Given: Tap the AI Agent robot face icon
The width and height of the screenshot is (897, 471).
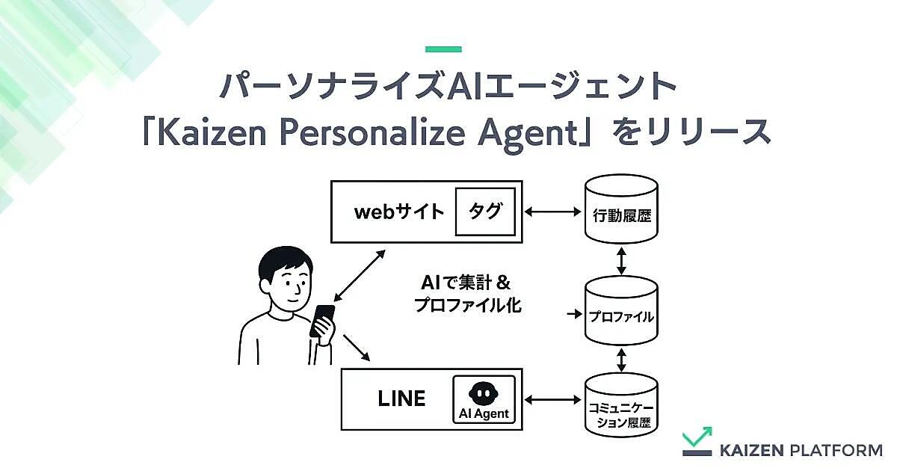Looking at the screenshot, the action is [484, 393].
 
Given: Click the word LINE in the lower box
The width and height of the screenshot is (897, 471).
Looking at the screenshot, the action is [401, 398].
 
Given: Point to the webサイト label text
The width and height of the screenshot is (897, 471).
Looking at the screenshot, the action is [399, 212].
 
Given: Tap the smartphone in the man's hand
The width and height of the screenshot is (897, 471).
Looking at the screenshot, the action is [322, 321].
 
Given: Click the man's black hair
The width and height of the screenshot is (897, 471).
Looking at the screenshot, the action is [285, 262].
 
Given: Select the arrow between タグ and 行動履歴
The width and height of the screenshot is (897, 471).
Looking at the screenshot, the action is [552, 212].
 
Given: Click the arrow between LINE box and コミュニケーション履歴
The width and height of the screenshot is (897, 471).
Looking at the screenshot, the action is [552, 399].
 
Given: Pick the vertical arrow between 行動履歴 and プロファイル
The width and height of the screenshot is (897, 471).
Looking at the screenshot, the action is [621, 261].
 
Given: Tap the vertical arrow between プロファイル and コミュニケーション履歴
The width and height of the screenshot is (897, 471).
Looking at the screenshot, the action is [621, 360].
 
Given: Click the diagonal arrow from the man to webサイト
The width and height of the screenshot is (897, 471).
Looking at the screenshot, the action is [360, 276].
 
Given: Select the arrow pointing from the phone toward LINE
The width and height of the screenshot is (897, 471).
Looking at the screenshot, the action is [357, 348].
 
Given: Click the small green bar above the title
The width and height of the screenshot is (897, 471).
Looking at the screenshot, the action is [443, 49].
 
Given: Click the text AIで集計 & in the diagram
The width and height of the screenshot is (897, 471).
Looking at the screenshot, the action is [466, 283].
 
